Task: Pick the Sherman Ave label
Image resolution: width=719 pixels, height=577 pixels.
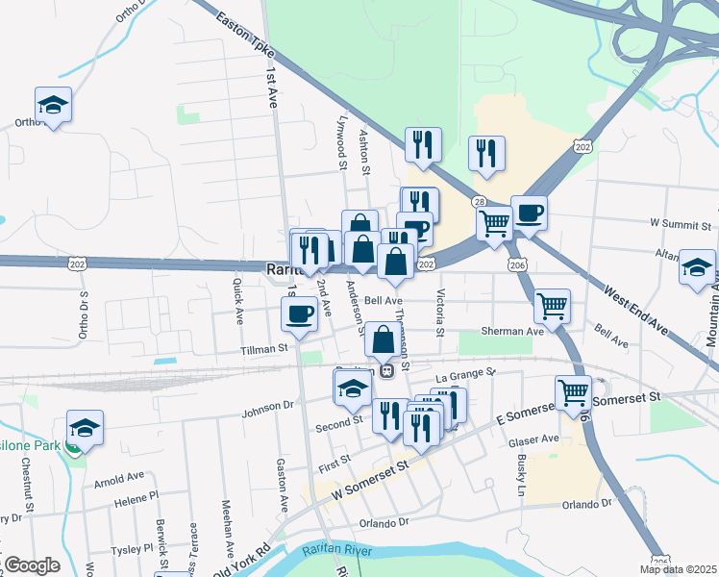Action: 515,331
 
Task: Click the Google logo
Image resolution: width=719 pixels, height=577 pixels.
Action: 32,565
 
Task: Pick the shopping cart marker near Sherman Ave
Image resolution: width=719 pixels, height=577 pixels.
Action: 552,307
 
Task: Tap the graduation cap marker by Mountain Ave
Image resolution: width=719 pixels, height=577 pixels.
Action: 697,266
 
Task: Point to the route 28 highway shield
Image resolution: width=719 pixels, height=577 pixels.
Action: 479,202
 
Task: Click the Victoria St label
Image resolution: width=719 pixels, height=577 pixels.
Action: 439,314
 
